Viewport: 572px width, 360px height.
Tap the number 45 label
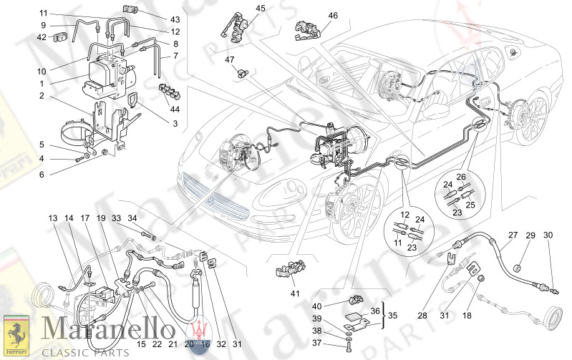240,9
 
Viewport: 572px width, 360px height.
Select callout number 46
333,16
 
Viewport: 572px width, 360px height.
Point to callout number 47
230,59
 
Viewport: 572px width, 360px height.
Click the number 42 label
42,38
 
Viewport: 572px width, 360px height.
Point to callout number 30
548,235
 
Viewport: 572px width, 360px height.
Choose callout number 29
530,235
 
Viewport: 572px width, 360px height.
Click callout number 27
513,235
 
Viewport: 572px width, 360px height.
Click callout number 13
52,218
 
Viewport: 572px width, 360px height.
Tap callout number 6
42,174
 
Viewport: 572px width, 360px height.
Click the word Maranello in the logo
100,331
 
